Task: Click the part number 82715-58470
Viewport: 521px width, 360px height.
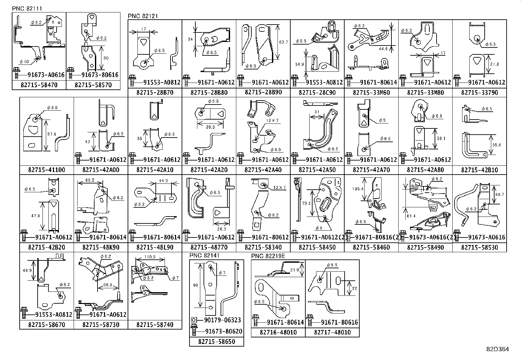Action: point(39,85)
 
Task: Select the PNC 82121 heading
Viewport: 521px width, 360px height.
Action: point(143,16)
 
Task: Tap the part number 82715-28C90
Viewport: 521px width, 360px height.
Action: point(317,92)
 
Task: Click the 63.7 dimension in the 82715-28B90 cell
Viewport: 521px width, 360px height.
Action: point(283,42)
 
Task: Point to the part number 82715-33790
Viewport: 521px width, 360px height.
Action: point(479,92)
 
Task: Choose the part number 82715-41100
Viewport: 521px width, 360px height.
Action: point(46,170)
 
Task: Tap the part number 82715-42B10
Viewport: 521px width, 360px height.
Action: point(479,170)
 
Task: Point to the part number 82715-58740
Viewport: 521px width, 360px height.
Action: point(155,325)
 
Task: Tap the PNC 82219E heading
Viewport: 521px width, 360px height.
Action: point(268,256)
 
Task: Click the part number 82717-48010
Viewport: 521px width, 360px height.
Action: point(332,332)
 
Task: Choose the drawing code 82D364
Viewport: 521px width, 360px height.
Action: point(497,349)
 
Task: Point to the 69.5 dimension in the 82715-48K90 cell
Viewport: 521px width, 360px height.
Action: point(89,180)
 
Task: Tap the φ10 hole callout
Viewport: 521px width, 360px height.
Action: point(25,61)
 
